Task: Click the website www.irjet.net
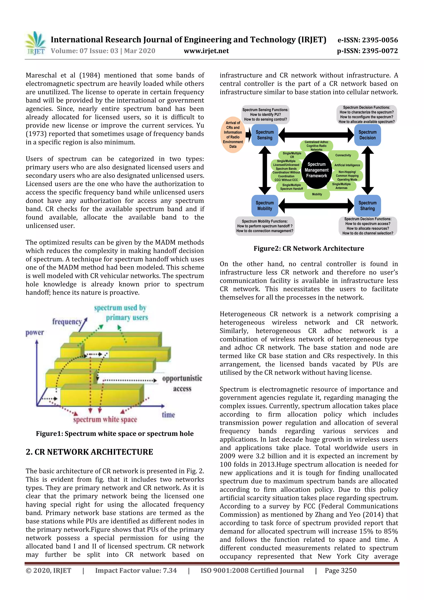(x=206, y=51)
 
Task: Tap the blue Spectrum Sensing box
(x=264, y=135)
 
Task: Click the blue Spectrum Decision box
(x=367, y=135)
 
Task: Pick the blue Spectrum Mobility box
(x=264, y=206)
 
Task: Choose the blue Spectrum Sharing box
(x=367, y=206)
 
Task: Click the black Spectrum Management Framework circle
(x=316, y=170)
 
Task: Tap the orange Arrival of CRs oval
(x=232, y=135)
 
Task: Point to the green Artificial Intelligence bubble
(x=347, y=165)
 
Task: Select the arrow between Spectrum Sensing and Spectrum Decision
(x=316, y=135)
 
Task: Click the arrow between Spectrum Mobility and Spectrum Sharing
(x=316, y=206)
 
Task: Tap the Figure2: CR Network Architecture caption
(x=308, y=249)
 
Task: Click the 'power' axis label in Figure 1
(x=35, y=333)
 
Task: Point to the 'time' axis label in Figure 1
(x=168, y=415)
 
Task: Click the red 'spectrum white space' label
(x=105, y=420)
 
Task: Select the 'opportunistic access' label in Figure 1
(x=182, y=383)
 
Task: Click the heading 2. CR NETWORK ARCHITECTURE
(x=89, y=452)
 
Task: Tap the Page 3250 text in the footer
(x=340, y=570)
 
